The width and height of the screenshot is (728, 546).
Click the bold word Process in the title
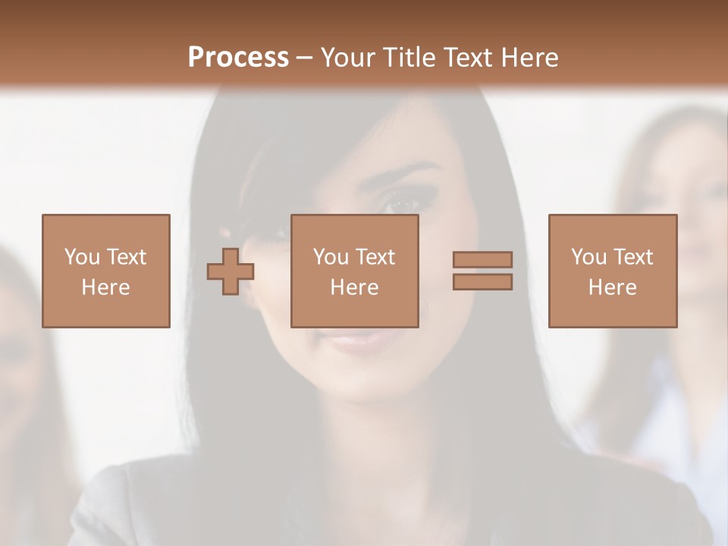point(238,58)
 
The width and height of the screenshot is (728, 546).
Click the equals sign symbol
point(482,271)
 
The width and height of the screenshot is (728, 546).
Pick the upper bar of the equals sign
point(482,260)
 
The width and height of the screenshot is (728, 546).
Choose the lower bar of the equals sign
point(482,281)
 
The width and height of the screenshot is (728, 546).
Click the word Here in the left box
point(105,287)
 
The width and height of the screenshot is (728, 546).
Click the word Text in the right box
point(634,257)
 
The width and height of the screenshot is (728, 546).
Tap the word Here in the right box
point(612,287)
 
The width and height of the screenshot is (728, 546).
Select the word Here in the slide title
point(529,58)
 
